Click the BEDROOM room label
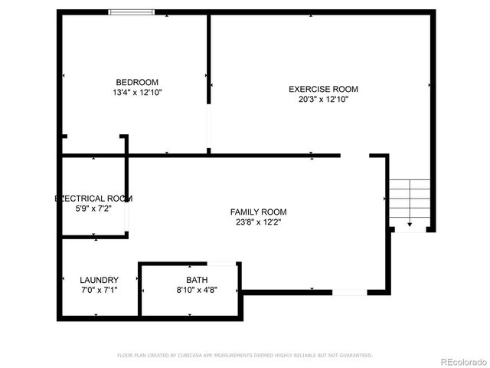point(137,83)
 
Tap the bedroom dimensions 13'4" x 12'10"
point(137,92)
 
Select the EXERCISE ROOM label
point(323,90)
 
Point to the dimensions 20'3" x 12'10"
point(323,99)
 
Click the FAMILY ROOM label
point(259,212)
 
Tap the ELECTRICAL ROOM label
point(93,199)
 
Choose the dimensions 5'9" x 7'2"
point(93,208)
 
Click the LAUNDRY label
point(99,280)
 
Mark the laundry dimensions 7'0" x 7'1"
point(99,290)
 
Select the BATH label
point(197,280)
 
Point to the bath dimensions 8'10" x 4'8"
point(197,290)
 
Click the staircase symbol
point(409,203)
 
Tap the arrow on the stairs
point(410,223)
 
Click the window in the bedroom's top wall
point(132,12)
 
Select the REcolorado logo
point(462,360)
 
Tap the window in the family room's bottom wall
point(349,292)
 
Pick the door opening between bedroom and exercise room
point(208,126)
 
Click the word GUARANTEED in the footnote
point(355,356)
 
